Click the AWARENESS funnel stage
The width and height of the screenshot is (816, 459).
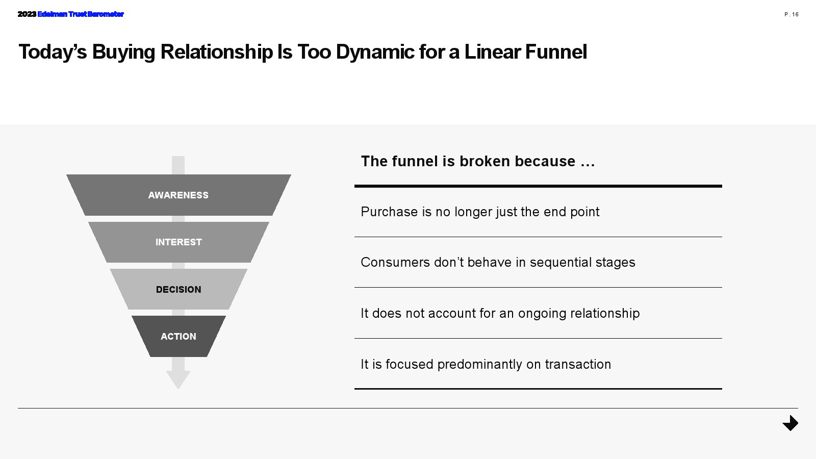coord(178,195)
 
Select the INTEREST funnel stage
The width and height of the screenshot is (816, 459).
coord(178,242)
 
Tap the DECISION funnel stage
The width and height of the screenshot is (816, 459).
coord(178,290)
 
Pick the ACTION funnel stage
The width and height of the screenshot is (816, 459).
coord(178,337)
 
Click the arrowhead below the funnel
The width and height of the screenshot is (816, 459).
coord(178,379)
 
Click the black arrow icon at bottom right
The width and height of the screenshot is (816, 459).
coord(790,423)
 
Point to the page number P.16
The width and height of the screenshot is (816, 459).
coord(792,14)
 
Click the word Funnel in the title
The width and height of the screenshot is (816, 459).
coord(556,52)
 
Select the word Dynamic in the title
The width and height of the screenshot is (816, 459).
coord(375,52)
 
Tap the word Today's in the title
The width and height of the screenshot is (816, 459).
coord(53,52)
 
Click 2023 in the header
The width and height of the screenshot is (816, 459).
coord(27,14)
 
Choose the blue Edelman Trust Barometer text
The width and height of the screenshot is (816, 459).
coord(81,14)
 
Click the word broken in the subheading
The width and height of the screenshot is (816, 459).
coord(485,161)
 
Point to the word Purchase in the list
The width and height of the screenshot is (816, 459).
coord(389,212)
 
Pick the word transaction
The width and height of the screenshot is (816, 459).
coord(578,365)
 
